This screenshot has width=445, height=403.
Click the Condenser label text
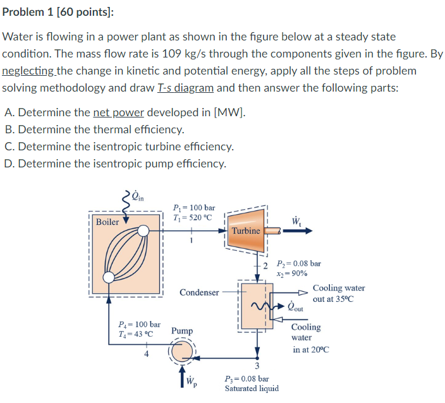199,292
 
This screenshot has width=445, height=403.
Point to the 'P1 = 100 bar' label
193,207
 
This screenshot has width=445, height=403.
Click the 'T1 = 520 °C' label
193,218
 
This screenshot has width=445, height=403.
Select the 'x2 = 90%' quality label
292,274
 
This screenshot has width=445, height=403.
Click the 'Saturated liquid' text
252,388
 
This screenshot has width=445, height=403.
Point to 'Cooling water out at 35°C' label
338,293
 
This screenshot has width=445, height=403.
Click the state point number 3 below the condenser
257,366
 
